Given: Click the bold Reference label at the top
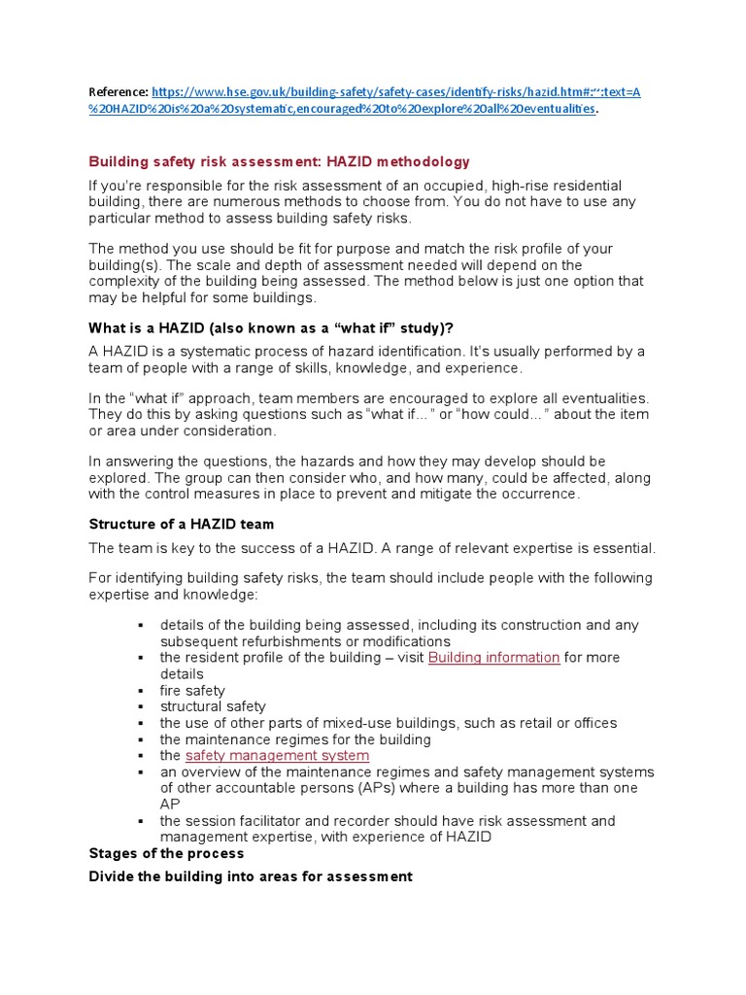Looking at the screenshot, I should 119,92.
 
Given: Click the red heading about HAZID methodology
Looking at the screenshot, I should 279,161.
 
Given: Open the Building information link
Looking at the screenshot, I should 493,658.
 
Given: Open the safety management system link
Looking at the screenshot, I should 277,755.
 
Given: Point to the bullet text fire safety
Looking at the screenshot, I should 192,691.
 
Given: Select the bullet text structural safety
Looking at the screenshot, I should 213,706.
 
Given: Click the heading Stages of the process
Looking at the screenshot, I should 166,853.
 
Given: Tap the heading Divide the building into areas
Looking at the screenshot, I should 251,876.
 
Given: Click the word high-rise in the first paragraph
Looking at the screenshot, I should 521,186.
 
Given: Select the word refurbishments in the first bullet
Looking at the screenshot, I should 282,641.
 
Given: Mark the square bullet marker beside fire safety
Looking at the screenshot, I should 141,691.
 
